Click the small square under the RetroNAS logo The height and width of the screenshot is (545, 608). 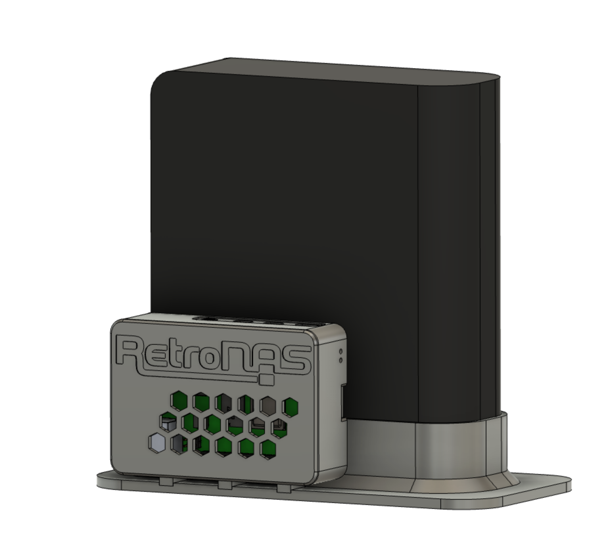click(267, 380)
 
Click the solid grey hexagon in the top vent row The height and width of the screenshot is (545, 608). click(268, 405)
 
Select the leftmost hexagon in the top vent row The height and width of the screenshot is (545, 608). click(179, 401)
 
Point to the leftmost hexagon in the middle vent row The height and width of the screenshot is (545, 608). click(168, 422)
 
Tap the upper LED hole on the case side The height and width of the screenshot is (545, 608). click(340, 351)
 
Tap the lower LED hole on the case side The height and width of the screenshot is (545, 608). click(340, 360)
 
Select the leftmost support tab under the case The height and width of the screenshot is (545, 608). click(166, 482)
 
